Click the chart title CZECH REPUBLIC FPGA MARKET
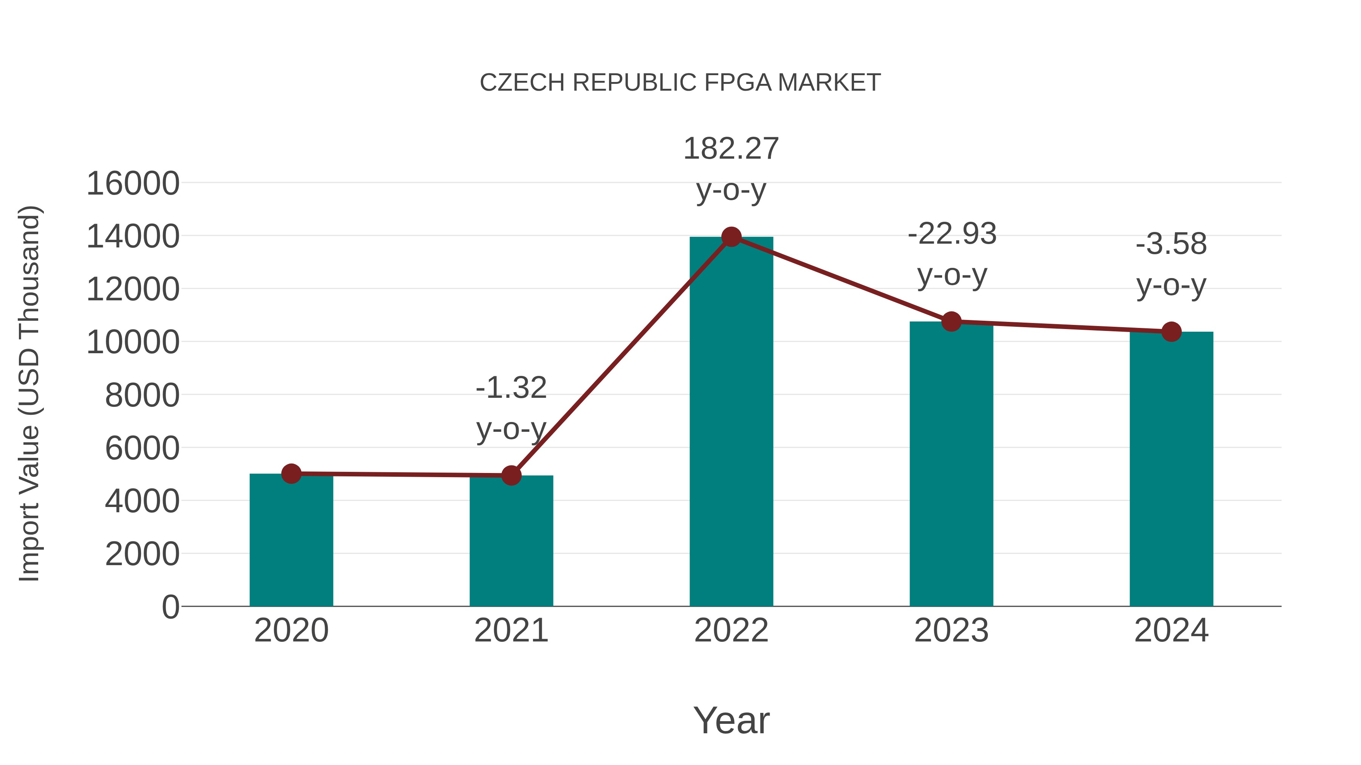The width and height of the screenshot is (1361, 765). click(680, 83)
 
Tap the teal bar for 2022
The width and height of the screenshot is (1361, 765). click(731, 422)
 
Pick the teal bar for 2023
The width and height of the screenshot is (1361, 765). click(951, 465)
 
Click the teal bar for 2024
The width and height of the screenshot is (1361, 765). click(1171, 470)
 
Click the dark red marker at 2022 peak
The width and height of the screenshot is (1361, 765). click(731, 237)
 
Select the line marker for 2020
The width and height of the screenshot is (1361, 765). click(291, 474)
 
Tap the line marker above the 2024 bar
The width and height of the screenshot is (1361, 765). click(1171, 332)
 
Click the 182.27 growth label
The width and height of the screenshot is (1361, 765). click(731, 149)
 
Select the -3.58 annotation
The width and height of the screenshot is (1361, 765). click(1171, 244)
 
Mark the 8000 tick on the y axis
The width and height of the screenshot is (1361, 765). click(142, 396)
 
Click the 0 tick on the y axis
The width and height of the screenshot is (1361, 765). click(170, 607)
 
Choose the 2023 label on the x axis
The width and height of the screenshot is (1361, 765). click(951, 631)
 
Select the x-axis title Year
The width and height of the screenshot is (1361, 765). click(731, 720)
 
